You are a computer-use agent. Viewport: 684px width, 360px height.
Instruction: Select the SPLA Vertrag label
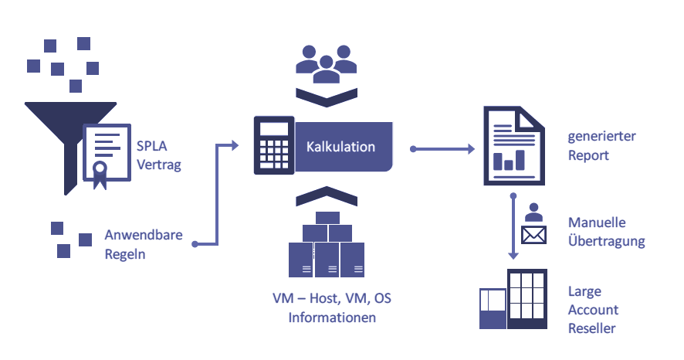pyautogui.click(x=159, y=154)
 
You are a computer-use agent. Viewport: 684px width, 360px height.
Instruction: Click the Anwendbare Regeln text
pyautogui.click(x=144, y=244)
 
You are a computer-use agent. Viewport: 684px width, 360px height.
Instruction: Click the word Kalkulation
pyautogui.click(x=340, y=147)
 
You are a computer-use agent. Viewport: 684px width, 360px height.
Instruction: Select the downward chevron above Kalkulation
pyautogui.click(x=325, y=97)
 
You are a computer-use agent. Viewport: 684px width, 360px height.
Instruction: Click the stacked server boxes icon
pyautogui.click(x=325, y=245)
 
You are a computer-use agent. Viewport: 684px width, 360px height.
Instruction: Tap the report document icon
pyautogui.click(x=513, y=146)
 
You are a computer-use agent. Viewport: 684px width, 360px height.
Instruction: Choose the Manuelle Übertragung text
pyautogui.click(x=606, y=231)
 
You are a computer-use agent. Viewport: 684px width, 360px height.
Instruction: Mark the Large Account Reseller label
pyautogui.click(x=593, y=310)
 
